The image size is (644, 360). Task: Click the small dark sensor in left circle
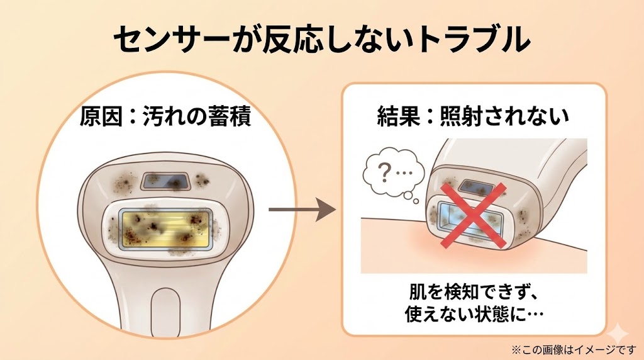tap(165, 181)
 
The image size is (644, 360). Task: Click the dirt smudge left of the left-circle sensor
tap(123, 182)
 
